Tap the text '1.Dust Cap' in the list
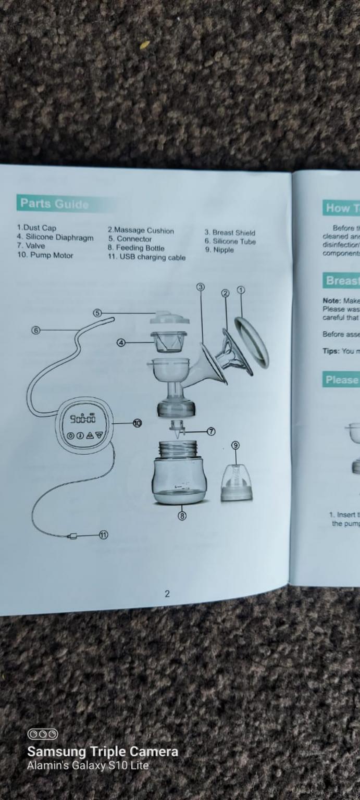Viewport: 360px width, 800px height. [36, 228]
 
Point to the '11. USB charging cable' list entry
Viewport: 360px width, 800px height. [146, 257]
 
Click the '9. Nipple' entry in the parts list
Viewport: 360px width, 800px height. [219, 250]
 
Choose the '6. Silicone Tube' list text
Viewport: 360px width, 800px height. [230, 241]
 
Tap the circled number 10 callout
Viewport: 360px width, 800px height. [137, 423]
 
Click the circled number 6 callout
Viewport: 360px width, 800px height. [35, 330]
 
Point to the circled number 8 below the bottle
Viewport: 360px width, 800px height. [182, 516]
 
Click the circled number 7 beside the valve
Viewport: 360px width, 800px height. [212, 431]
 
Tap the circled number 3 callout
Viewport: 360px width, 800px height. [201, 287]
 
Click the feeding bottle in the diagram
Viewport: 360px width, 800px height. [180, 473]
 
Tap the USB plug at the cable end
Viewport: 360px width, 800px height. [73, 536]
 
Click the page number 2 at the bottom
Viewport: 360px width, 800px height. [167, 593]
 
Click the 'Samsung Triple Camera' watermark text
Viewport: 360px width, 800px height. [103, 752]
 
